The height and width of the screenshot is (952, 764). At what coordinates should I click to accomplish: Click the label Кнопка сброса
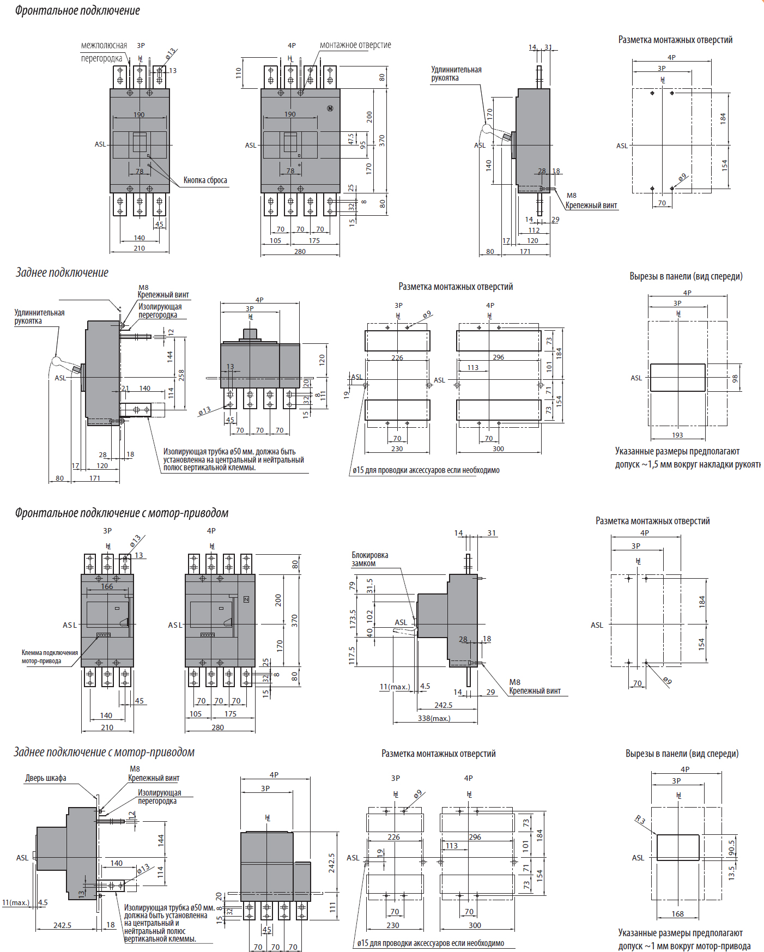(205, 180)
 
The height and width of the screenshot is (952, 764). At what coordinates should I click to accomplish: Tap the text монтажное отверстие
(355, 45)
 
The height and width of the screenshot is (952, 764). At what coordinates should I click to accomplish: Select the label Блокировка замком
(369, 559)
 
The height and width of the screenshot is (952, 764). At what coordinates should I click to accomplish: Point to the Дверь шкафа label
(46, 778)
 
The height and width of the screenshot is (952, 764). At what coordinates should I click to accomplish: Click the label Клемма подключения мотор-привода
(50, 657)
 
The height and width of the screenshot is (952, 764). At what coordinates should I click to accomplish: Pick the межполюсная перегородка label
(104, 52)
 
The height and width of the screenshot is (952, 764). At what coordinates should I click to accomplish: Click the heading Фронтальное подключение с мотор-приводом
(122, 513)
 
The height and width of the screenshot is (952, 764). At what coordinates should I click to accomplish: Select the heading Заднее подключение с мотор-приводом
(104, 752)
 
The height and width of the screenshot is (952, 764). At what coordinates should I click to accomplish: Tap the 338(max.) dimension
(434, 718)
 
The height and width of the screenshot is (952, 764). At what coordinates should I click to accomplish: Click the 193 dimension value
(677, 435)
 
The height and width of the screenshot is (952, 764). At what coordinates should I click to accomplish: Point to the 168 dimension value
(677, 914)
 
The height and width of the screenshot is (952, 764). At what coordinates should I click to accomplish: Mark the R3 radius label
(640, 819)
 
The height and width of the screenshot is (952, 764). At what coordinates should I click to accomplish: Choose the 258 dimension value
(181, 375)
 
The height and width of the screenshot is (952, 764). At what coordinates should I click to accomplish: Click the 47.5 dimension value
(351, 139)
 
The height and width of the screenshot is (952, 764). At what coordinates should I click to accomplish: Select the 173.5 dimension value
(353, 619)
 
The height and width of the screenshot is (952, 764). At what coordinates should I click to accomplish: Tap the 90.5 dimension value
(731, 848)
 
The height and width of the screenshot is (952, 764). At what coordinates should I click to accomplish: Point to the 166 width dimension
(107, 586)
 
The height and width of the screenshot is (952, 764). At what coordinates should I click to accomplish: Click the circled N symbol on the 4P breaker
(330, 108)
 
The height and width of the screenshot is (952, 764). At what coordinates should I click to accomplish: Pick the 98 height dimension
(735, 378)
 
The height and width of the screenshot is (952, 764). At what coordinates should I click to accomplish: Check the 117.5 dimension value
(351, 656)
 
